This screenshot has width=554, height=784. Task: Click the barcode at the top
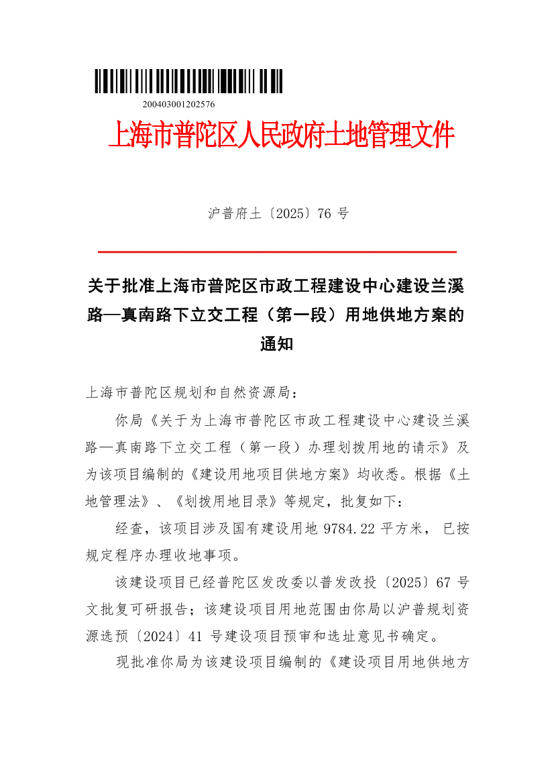coord(188,81)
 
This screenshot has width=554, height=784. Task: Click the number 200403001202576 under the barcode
coord(178,104)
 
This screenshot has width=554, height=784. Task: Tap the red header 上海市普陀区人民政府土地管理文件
coord(281,136)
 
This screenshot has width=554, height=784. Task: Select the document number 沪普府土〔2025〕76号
coord(278,214)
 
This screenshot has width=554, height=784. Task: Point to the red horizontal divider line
coord(278,251)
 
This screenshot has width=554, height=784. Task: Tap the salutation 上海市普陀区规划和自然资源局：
coord(190,392)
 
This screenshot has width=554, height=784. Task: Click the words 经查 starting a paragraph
coord(129,529)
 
